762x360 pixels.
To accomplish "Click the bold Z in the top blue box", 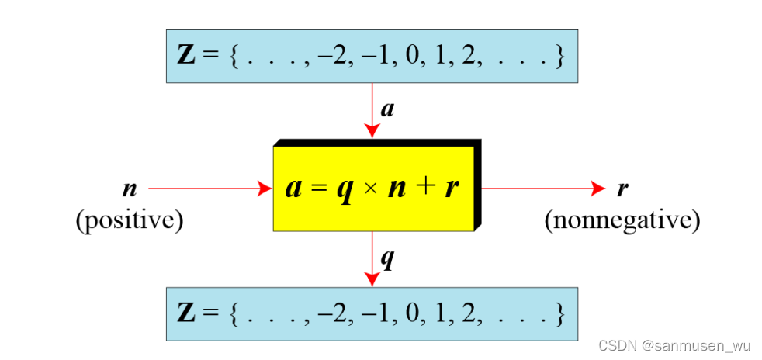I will (x=188, y=57).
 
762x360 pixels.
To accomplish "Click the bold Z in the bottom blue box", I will (x=188, y=313).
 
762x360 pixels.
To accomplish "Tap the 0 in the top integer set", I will (x=409, y=57).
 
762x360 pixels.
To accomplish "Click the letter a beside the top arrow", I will (x=387, y=109).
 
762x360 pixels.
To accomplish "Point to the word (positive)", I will (x=130, y=221).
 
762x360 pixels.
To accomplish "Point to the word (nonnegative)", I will (x=622, y=221).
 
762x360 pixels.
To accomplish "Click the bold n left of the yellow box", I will (x=129, y=189).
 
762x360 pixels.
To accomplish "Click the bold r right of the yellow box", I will (x=622, y=189).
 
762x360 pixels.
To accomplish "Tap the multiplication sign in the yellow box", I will (x=370, y=189).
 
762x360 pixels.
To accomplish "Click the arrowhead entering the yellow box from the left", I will (x=266, y=188).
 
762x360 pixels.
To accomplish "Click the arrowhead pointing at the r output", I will (x=598, y=188).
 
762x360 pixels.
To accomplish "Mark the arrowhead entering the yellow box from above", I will (x=372, y=132).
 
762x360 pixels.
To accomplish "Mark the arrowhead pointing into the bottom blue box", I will (x=372, y=280).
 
